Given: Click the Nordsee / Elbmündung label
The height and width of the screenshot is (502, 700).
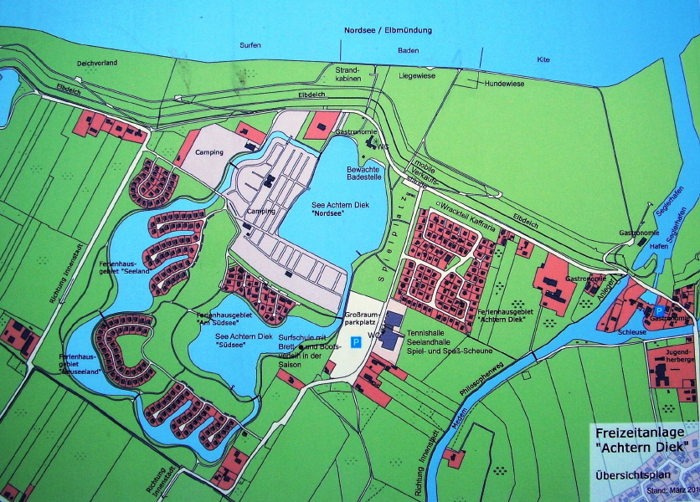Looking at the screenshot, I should (x=388, y=30).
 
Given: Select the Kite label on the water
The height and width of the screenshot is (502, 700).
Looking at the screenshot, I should (x=544, y=59).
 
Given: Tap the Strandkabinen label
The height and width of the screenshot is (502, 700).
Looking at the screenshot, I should (x=347, y=74).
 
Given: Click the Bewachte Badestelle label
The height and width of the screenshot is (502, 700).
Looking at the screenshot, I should (x=364, y=172).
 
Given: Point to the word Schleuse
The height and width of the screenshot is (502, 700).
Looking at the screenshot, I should (x=633, y=331).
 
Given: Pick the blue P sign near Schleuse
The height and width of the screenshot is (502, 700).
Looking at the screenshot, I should (x=658, y=310).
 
